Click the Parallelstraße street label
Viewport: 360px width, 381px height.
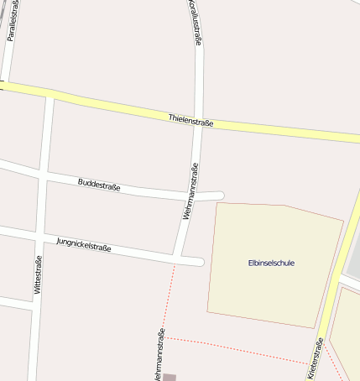[12, 20]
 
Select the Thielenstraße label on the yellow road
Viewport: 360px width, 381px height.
[190, 123]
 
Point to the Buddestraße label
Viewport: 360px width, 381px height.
[99, 185]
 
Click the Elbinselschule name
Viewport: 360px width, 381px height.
[271, 263]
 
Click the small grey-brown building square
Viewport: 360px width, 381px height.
[170, 378]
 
